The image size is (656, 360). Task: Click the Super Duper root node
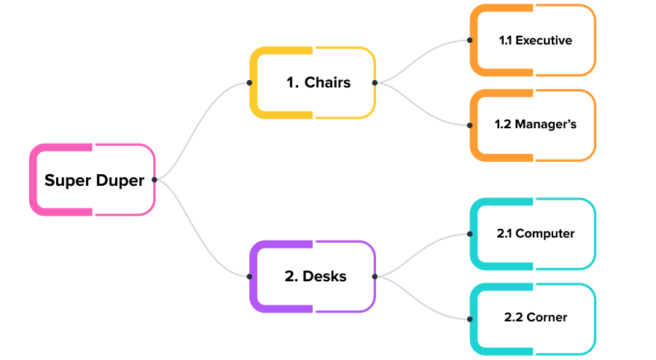[x=93, y=180]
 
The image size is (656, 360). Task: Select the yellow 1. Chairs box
[x=313, y=82]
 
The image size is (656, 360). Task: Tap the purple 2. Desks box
[x=313, y=276]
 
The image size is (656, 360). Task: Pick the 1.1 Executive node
[x=533, y=40]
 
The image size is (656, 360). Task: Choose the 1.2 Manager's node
[x=533, y=125]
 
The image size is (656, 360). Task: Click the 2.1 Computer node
[x=533, y=234]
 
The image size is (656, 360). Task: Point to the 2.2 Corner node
[x=533, y=318]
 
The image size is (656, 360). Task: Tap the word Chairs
[x=327, y=82]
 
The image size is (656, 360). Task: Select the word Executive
[x=544, y=41]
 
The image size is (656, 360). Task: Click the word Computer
[x=545, y=234]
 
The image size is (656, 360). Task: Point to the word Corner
[x=547, y=318]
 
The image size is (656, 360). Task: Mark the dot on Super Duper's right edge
[x=155, y=179]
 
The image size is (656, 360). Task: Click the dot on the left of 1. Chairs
[x=249, y=82]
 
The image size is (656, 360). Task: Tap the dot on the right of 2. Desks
[x=375, y=276]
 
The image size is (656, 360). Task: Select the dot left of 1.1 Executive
[x=469, y=41]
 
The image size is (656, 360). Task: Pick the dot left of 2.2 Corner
[x=469, y=318]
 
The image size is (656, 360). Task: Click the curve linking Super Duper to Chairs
[x=203, y=125]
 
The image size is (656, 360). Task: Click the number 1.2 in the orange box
[x=502, y=125]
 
